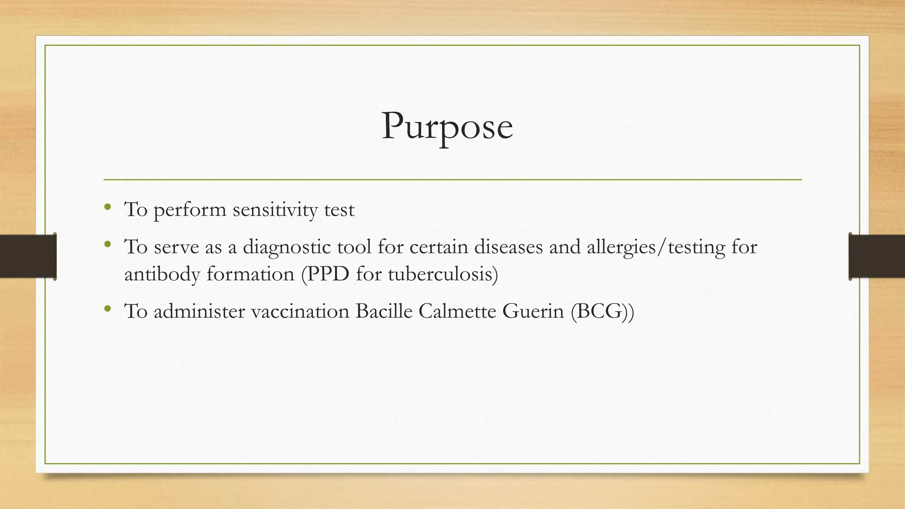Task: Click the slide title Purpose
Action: (x=447, y=126)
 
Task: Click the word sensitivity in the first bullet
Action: (x=275, y=209)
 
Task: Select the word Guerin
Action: (x=533, y=311)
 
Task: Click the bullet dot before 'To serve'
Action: (x=107, y=244)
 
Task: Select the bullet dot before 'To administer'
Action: (x=107, y=308)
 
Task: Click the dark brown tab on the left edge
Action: (x=28, y=256)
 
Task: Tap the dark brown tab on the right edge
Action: (x=877, y=256)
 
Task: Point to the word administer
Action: (x=199, y=311)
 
